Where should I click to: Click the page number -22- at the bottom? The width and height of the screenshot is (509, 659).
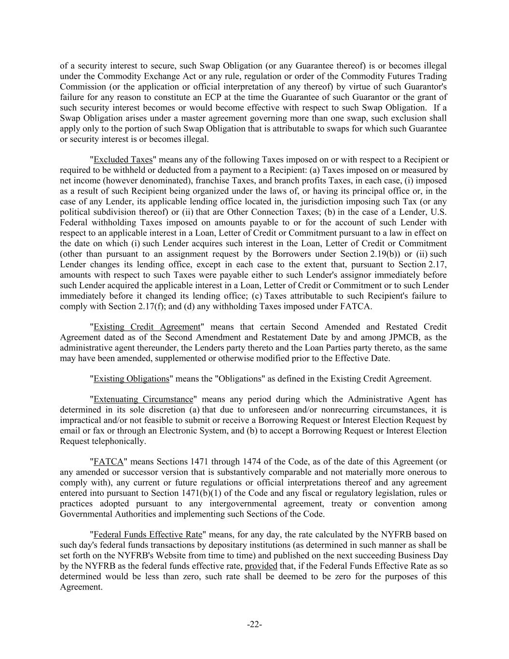point(254,625)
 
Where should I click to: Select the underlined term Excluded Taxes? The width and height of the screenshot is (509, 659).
point(123,160)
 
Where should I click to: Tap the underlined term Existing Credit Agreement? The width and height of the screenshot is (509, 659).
point(147,327)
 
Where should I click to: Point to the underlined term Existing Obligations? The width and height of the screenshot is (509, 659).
point(131,379)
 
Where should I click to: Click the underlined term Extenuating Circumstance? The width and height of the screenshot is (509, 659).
point(143,399)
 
